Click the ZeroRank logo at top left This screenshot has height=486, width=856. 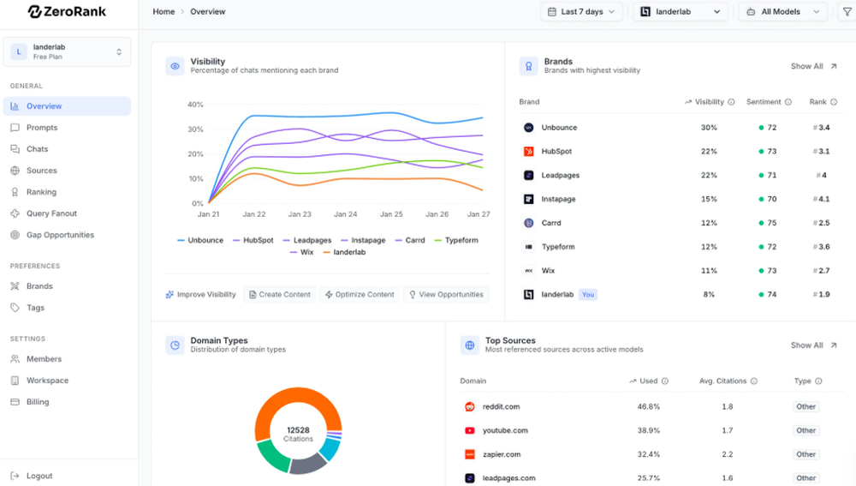coord(67,12)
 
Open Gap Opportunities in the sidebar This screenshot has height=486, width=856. coord(60,235)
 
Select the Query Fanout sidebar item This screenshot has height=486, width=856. coord(51,213)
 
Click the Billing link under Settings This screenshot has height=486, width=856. coord(38,402)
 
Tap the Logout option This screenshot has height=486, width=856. coord(39,476)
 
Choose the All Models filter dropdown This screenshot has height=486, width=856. coord(782,12)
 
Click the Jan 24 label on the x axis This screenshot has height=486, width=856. coord(346,214)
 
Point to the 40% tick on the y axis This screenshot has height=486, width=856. coord(195,105)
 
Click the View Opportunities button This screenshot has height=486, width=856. coord(446,294)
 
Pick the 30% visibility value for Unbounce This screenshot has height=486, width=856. coord(709,128)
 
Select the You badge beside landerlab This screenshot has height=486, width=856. coord(588,295)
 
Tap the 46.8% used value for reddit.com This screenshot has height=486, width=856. coord(648,407)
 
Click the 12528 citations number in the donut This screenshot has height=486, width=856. coord(299,429)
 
